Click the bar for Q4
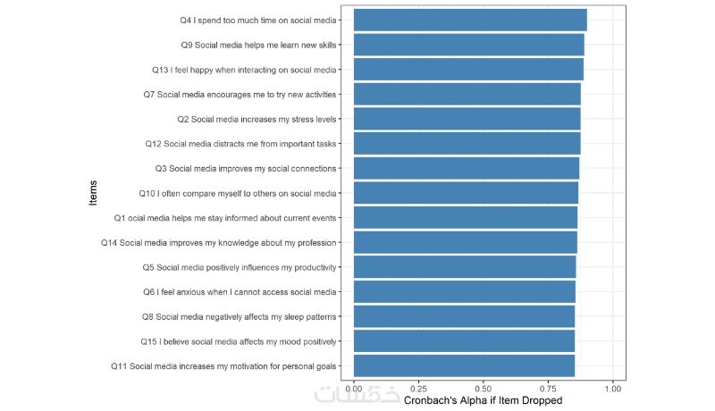pos(470,20)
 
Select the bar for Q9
pos(469,45)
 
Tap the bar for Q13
pos(468,69)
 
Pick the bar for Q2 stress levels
pos(467,119)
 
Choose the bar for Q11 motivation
pos(464,365)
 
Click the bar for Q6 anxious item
pos(465,291)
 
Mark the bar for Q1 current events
pos(466,217)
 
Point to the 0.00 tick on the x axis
pos(354,390)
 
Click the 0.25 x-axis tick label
pos(418,390)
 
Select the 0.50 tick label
pos(484,390)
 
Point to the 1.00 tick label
pos(613,390)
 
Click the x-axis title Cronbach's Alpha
pos(484,401)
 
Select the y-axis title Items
pos(94,192)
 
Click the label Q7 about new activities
pos(240,94)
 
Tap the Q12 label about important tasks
pos(240,143)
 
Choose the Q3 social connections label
pos(245,168)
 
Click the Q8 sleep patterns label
pos(240,316)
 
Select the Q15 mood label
pos(238,341)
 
